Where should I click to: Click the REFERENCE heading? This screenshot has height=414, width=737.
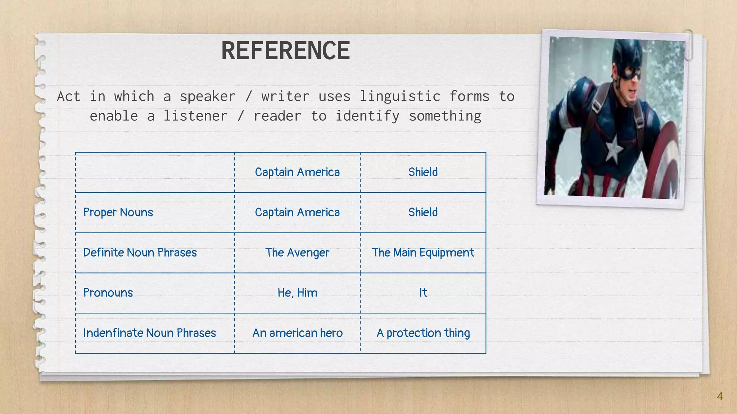tap(285, 51)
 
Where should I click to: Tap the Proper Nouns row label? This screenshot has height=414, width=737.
tap(118, 212)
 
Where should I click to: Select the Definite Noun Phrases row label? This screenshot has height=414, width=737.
tap(140, 253)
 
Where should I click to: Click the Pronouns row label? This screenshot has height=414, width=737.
tap(108, 293)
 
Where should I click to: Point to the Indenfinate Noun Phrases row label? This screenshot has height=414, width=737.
tap(149, 333)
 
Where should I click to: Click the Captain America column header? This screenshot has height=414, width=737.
tap(297, 172)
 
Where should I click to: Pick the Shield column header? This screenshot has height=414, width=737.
tap(423, 172)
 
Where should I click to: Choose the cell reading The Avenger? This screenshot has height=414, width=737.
tap(297, 253)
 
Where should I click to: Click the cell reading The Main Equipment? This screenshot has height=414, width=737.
tap(423, 253)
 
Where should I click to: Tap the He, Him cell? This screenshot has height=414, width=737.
tap(297, 293)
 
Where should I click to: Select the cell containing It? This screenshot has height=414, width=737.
tap(423, 293)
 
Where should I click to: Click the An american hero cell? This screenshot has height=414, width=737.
tap(297, 333)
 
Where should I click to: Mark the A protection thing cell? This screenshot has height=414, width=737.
tap(423, 333)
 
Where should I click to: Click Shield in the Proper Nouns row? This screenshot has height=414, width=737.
tap(423, 212)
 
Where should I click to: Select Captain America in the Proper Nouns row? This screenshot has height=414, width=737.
tap(297, 212)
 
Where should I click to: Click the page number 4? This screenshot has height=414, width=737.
tap(719, 396)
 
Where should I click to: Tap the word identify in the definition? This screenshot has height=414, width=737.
tap(367, 116)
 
